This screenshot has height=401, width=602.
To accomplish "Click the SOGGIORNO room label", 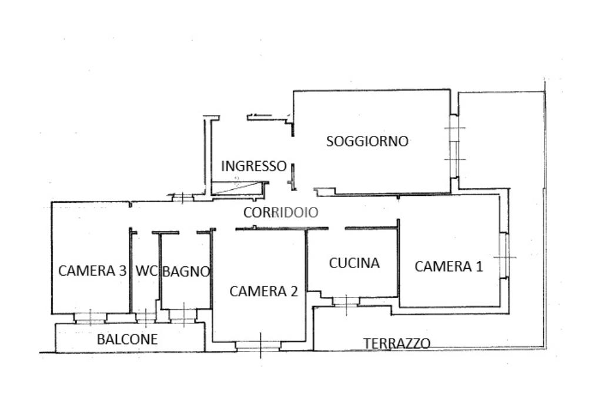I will tap(367, 141).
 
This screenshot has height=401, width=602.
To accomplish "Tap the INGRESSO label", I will tap(253, 166).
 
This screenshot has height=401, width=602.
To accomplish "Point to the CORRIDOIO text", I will tap(280, 213).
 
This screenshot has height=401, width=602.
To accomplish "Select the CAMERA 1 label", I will tap(449, 266).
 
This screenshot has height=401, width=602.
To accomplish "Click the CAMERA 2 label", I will tap(263, 291).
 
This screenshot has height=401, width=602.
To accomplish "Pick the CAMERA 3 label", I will tap(92, 271).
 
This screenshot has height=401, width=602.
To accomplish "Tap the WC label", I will tap(146, 271).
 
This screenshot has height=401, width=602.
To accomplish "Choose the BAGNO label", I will tap(186, 272).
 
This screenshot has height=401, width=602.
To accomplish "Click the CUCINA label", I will tap(354, 263).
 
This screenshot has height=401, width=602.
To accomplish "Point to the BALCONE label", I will tap(127, 339).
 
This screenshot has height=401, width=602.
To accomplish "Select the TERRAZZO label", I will tap(396, 343).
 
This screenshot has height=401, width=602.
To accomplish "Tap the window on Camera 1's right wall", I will tap(503, 256).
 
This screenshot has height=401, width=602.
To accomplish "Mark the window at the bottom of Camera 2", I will tap(259, 345).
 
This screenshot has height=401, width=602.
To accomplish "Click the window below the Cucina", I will tap(346, 302).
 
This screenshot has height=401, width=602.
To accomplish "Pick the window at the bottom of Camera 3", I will tap(90, 318).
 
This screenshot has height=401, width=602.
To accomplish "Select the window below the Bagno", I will tap(183, 315).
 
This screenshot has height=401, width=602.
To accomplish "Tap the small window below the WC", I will tap(145, 318).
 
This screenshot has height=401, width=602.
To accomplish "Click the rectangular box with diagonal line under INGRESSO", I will tap(236, 188).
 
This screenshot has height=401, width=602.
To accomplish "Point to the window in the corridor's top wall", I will tap(182, 198).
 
